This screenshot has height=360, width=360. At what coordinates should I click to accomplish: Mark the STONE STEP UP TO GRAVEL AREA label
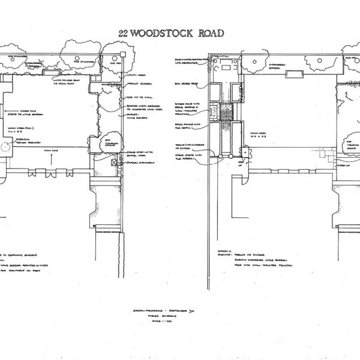click(x=137, y=155)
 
